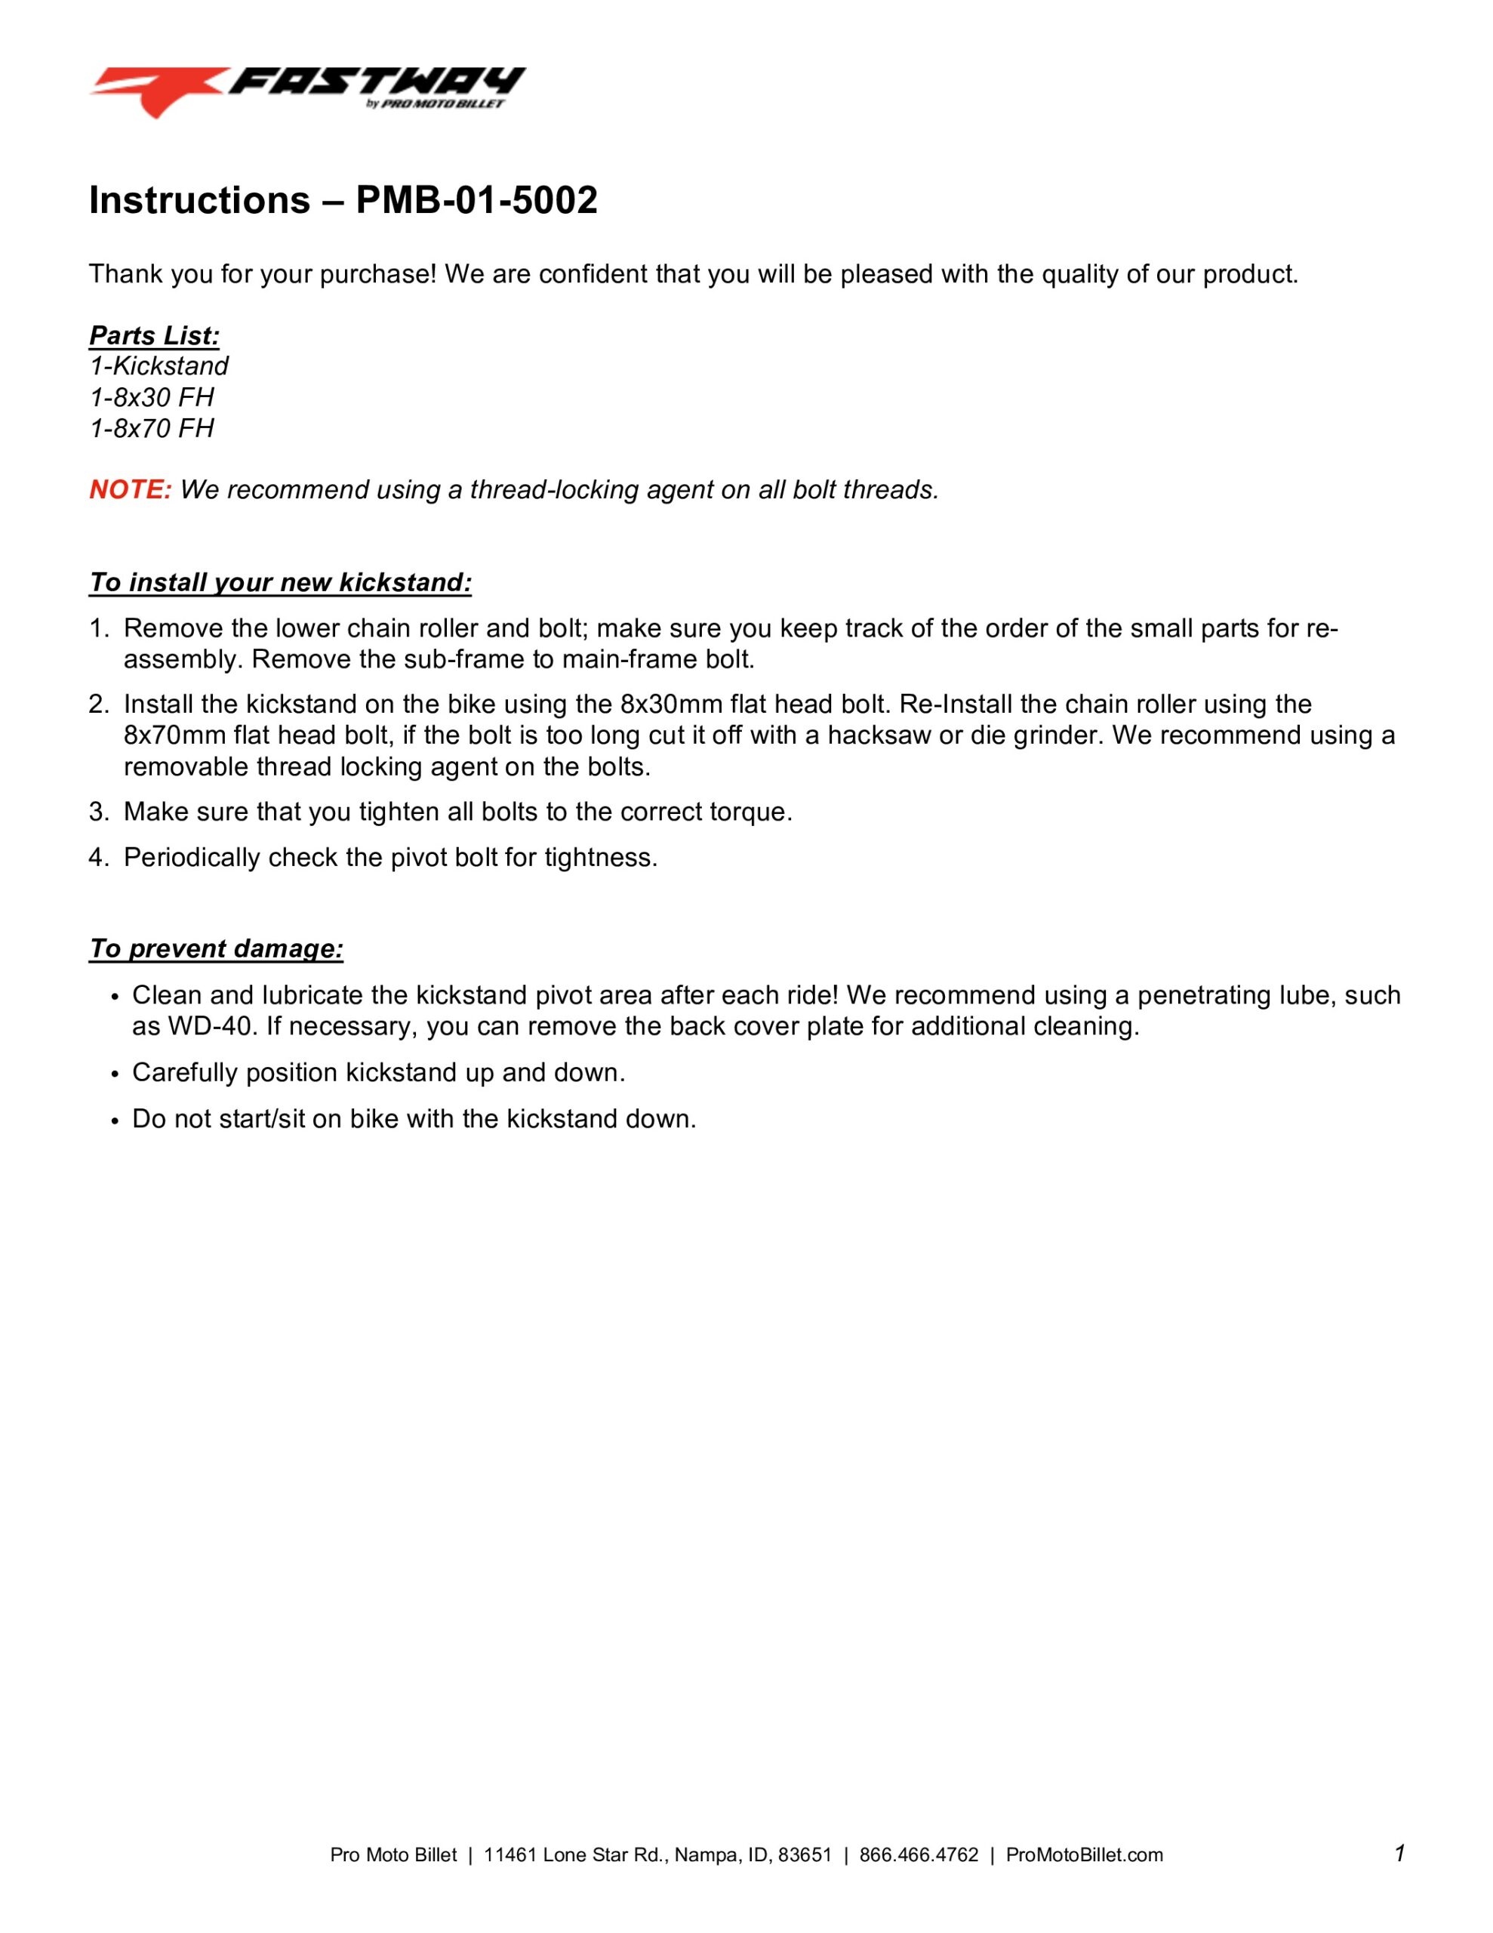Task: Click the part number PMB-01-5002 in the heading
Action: [x=476, y=201]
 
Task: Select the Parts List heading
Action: [x=154, y=336]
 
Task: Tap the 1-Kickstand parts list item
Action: [x=159, y=366]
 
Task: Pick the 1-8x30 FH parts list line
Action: [x=151, y=397]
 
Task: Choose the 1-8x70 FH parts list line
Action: [x=151, y=428]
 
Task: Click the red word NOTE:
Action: [x=130, y=489]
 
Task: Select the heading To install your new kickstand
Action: [x=280, y=582]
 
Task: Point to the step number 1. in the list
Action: [x=98, y=628]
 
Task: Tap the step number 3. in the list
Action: [x=98, y=812]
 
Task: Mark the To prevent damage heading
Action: [x=216, y=949]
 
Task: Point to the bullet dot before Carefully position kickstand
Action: [x=115, y=1074]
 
